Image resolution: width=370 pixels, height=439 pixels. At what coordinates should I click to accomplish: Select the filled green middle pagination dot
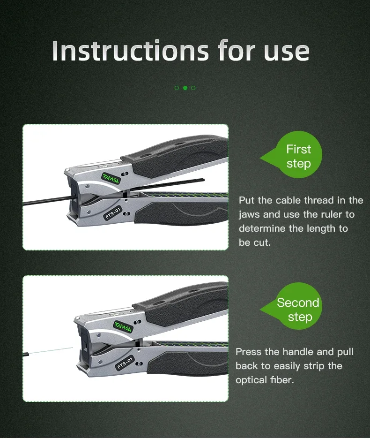185,88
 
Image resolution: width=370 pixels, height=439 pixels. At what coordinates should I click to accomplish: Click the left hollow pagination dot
177,88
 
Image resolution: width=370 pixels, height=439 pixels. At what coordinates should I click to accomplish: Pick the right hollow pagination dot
193,88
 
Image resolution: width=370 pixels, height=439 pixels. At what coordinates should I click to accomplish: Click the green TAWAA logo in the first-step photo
111,178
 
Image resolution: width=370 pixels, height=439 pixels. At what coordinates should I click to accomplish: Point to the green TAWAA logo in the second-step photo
123,327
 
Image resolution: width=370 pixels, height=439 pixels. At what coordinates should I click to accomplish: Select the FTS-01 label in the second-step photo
125,363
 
